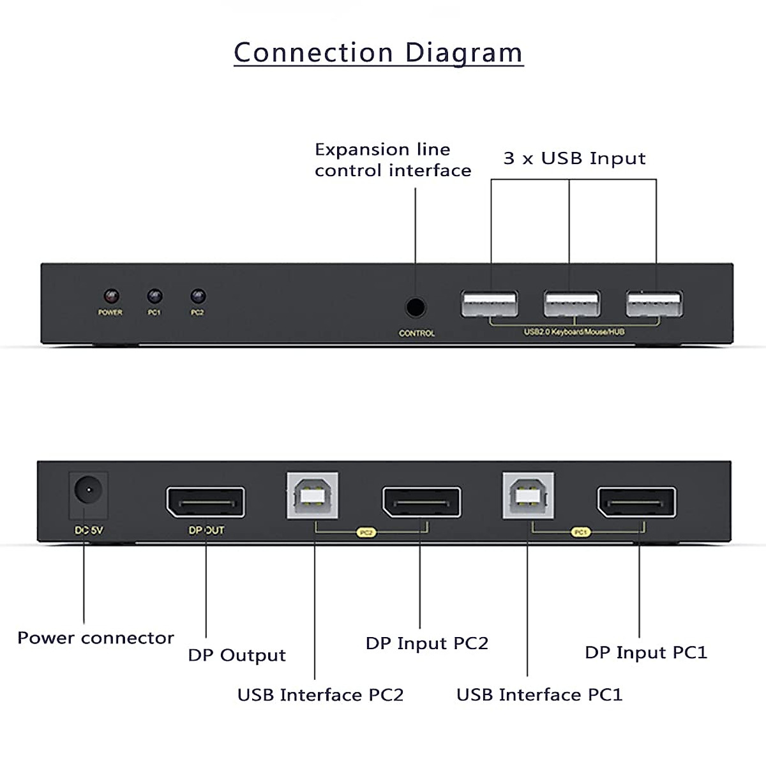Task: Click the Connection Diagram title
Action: [x=378, y=52]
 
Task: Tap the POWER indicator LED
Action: [x=111, y=297]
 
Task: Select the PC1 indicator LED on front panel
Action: [x=154, y=297]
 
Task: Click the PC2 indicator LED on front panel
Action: [x=198, y=297]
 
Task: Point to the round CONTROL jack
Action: [x=416, y=308]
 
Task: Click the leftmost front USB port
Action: [x=489, y=304]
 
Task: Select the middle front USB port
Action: [x=571, y=304]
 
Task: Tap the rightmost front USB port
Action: [x=654, y=304]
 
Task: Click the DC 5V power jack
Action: [x=88, y=492]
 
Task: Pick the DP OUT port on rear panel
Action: [x=206, y=502]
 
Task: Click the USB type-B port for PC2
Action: [x=312, y=496]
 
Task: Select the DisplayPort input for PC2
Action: [x=421, y=502]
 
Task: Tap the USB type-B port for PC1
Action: [x=528, y=496]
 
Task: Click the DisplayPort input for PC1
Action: [x=636, y=502]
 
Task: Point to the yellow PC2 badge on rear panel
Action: [x=366, y=532]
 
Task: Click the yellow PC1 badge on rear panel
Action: [x=581, y=532]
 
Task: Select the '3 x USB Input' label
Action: [x=574, y=158]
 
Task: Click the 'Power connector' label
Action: [x=96, y=638]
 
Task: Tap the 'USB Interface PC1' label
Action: [x=539, y=695]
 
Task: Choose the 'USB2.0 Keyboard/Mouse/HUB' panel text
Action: [x=574, y=332]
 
